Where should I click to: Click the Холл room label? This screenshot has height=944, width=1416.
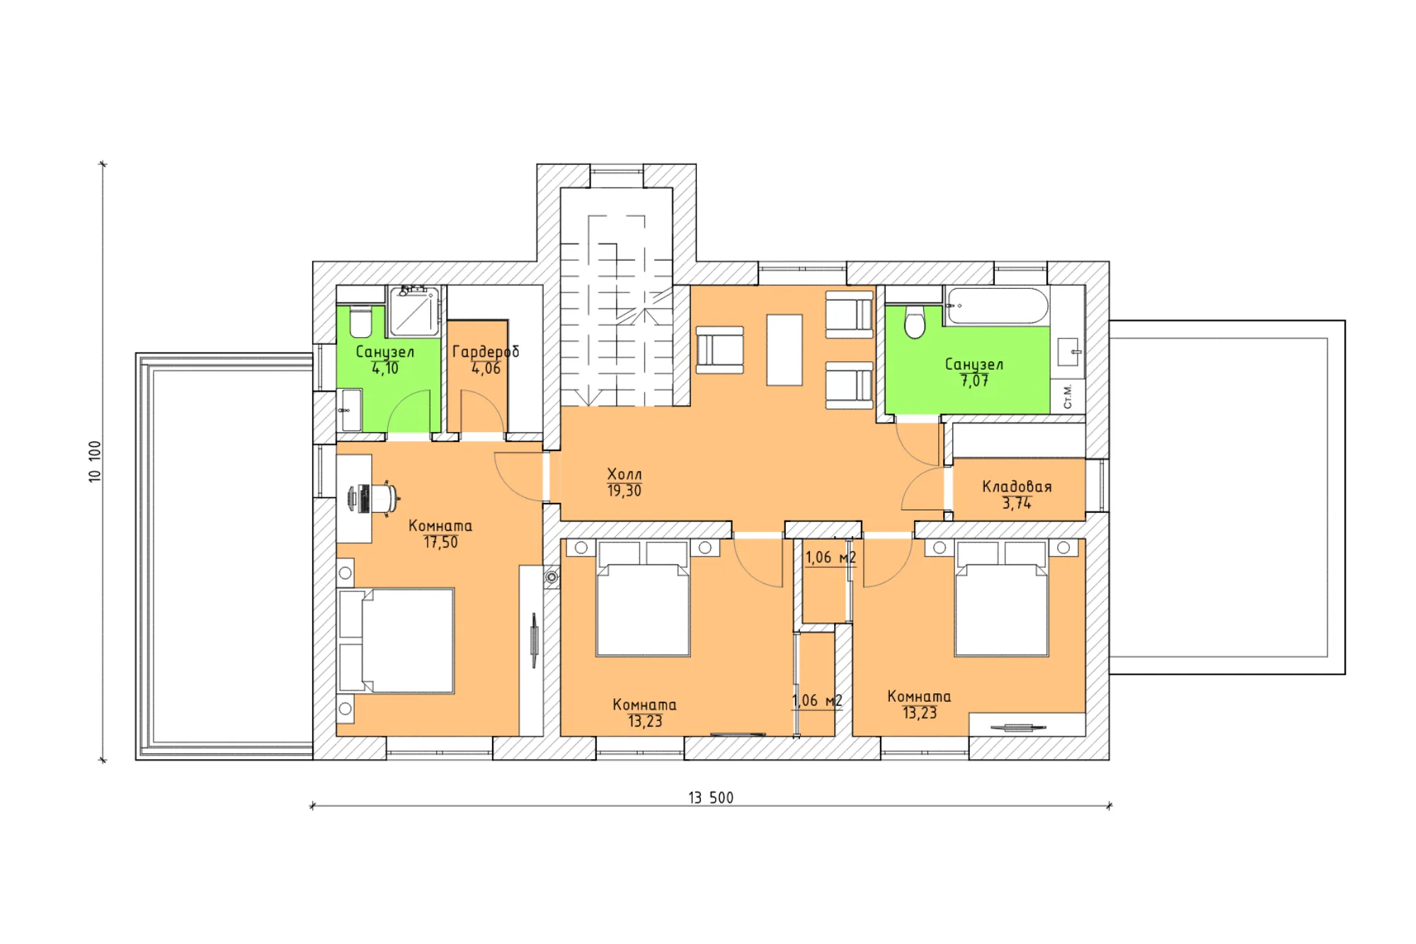coord(624,474)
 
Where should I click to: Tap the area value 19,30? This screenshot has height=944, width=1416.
coord(624,490)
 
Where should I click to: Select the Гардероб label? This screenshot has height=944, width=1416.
coord(486,352)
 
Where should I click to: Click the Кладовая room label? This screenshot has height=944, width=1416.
coord(1017,487)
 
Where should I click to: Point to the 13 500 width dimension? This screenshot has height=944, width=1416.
coord(711,797)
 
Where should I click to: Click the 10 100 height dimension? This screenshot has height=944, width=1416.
coord(95,462)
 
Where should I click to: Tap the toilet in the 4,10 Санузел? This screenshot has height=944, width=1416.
coord(360,322)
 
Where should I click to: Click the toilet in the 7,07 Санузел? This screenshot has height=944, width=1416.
coord(915,322)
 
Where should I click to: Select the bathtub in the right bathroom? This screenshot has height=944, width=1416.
coord(997,306)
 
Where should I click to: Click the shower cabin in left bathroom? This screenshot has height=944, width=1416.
coord(414,310)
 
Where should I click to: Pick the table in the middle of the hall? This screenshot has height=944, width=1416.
coord(784,350)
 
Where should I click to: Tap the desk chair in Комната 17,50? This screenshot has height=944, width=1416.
coord(375,498)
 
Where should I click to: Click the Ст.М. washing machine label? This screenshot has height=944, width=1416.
coord(1068,397)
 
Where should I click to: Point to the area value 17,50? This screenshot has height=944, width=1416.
coord(440,542)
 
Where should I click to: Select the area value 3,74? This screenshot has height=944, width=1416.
coord(1017,503)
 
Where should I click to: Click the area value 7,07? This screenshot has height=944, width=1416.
coord(974,381)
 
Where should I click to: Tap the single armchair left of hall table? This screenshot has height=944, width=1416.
coord(720,350)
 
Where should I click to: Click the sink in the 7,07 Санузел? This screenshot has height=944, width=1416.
coord(1068,351)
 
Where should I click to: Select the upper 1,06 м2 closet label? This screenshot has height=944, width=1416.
coord(830,558)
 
